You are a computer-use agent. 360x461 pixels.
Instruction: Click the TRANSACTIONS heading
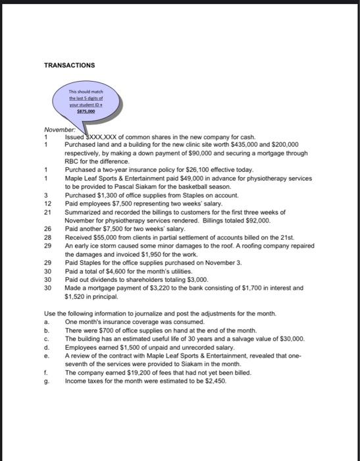(x=69, y=65)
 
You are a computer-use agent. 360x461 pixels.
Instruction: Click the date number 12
(x=47, y=203)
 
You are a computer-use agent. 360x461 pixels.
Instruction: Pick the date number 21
(x=47, y=212)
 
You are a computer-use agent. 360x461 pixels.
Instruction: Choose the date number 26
(x=47, y=229)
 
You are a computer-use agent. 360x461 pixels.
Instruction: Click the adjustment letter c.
(x=46, y=338)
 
